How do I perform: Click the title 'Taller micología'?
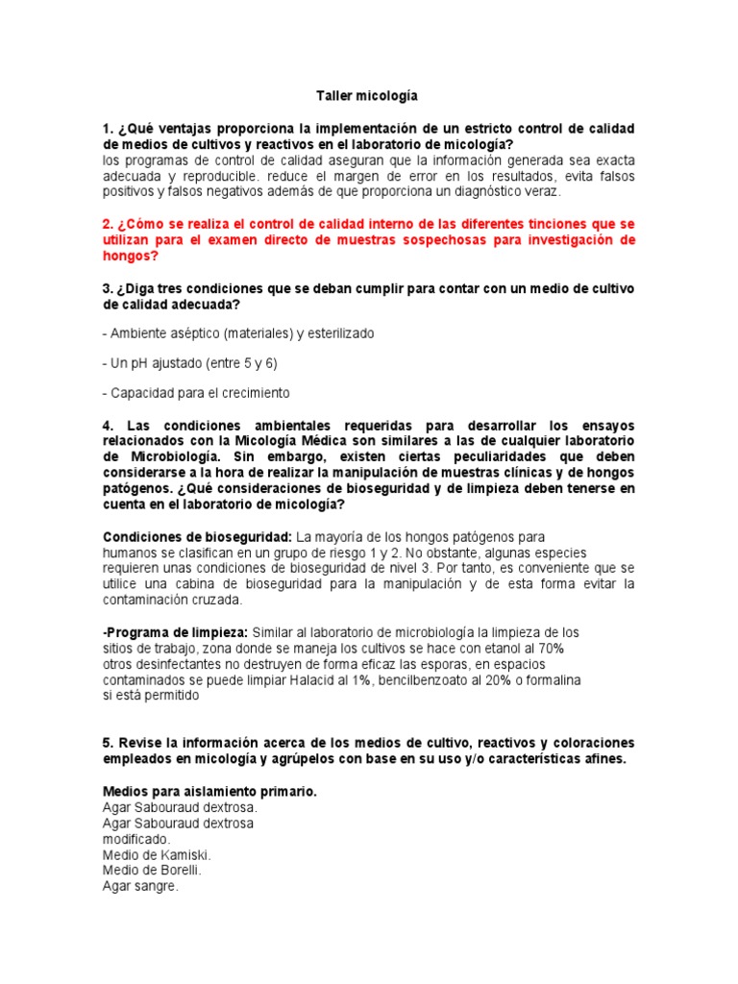368,97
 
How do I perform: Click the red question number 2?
108,224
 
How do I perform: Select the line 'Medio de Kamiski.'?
157,855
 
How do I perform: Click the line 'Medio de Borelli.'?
152,871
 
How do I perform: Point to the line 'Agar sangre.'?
140,887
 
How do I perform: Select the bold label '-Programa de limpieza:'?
175,632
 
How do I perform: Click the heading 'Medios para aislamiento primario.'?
209,792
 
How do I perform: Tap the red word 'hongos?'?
131,257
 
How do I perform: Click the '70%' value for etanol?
551,649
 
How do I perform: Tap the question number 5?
108,744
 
